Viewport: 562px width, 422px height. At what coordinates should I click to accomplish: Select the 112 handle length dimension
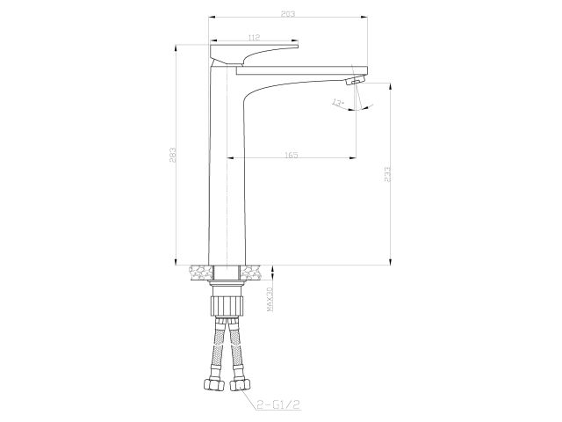point(254,37)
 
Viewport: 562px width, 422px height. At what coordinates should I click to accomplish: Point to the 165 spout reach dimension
point(292,155)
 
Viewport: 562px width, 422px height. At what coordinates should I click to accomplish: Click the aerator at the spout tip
point(353,81)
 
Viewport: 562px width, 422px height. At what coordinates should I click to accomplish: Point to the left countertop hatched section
point(199,272)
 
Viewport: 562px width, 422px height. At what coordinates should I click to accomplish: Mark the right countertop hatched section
point(253,272)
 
